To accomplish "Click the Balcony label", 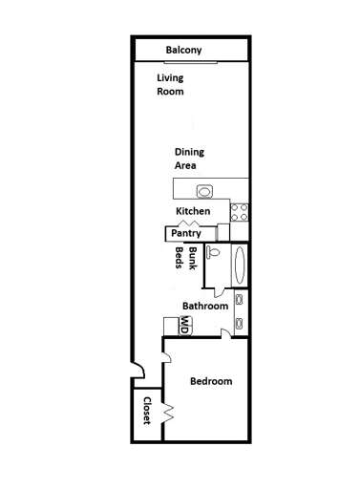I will pyautogui.click(x=183, y=50).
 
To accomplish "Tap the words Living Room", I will pyautogui.click(x=170, y=85).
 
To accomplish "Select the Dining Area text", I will pyautogui.click(x=189, y=158).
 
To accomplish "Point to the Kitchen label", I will pyautogui.click(x=192, y=210).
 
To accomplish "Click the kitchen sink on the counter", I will pyautogui.click(x=203, y=188).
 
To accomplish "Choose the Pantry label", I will pyautogui.click(x=184, y=233).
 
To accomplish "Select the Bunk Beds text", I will pyautogui.click(x=185, y=260).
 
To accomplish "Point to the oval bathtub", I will pyautogui.click(x=239, y=265).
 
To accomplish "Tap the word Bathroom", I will pyautogui.click(x=205, y=306).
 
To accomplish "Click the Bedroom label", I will pyautogui.click(x=210, y=381).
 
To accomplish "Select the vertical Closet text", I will pyautogui.click(x=148, y=411).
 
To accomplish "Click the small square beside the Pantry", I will pyautogui.click(x=223, y=231).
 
